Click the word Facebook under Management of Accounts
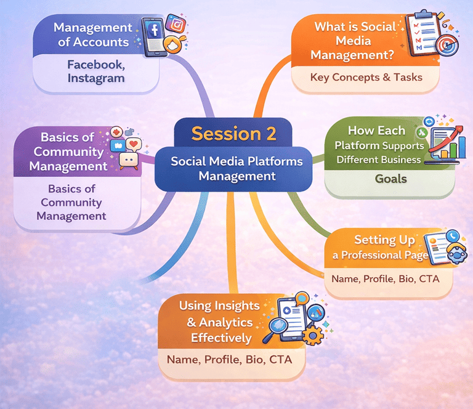coord(95,64)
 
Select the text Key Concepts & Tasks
coord(366,77)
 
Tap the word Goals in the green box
coord(391,179)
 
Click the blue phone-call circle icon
coord(453,235)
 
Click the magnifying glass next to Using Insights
coord(273,333)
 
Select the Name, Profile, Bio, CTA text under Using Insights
coord(230,358)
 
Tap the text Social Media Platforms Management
coord(236,168)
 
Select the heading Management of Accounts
coord(92,34)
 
